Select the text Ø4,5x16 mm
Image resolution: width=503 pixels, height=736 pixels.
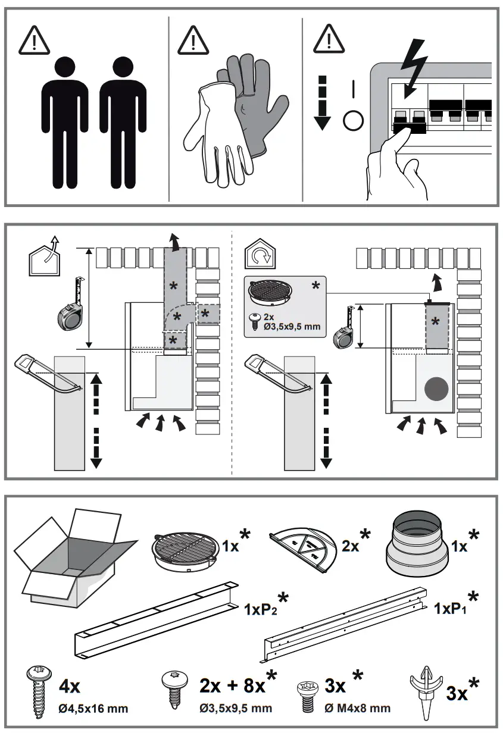pyautogui.click(x=93, y=709)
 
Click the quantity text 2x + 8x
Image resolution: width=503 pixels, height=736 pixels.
pyautogui.click(x=233, y=687)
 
